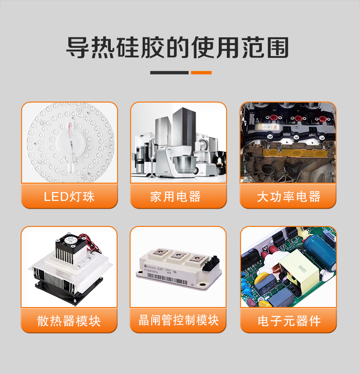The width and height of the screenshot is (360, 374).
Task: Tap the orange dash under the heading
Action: (x=201, y=72)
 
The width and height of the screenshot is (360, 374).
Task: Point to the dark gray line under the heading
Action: (x=169, y=72)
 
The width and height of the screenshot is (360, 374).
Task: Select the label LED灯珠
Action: (x=69, y=197)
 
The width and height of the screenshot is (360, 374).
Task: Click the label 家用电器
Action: (x=178, y=197)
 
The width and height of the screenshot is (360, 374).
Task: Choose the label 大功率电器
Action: (x=288, y=197)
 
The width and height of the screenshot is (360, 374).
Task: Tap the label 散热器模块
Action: (x=69, y=321)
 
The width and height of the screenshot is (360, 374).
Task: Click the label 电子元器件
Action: (x=288, y=321)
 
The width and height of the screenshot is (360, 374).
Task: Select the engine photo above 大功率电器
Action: (x=288, y=142)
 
